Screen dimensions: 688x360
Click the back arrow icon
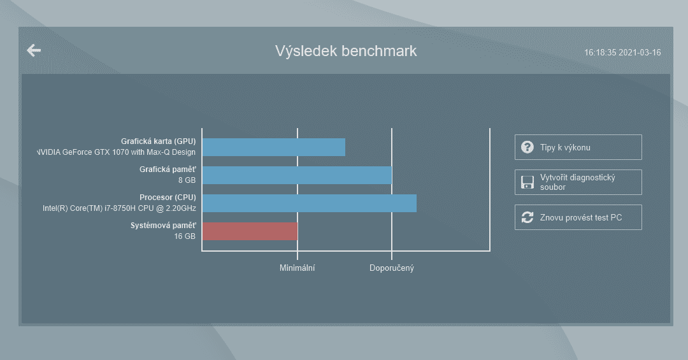tap(34, 50)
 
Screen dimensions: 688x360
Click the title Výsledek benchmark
tap(346, 51)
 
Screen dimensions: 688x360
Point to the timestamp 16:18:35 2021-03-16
tap(622, 53)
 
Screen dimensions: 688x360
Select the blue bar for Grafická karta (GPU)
tap(274, 147)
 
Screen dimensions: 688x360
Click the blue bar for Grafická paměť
tap(297, 175)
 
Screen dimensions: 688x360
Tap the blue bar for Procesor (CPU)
tap(310, 203)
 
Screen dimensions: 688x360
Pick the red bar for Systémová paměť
tap(250, 231)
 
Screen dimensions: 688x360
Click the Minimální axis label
tap(297, 268)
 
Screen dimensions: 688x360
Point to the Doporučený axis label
tap(391, 268)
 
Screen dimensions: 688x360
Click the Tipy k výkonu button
tap(578, 147)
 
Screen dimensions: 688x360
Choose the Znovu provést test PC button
tap(578, 217)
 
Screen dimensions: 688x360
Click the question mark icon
tap(527, 147)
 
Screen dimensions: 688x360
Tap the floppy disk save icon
tap(527, 182)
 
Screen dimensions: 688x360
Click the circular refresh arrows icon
tap(527, 217)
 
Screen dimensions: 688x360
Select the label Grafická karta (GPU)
tap(159, 141)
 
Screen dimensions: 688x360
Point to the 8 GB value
tap(187, 180)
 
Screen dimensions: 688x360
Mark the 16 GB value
tap(185, 236)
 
